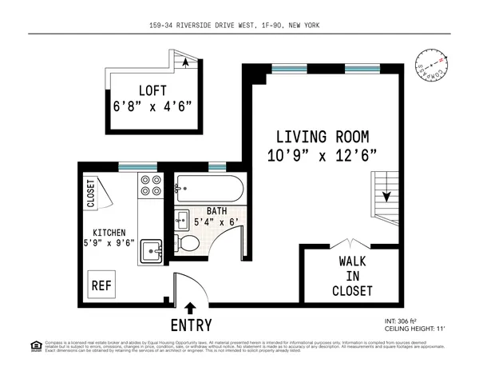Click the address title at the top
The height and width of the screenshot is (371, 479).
(239, 25)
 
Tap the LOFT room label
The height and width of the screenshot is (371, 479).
(152, 90)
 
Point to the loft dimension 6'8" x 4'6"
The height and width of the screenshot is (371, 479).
(152, 105)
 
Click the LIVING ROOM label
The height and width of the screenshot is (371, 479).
(321, 136)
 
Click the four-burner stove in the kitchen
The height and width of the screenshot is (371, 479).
(150, 186)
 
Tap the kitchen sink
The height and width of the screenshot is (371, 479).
(151, 251)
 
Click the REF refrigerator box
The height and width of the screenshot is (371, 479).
(101, 284)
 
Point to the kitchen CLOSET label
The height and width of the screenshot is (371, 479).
(91, 194)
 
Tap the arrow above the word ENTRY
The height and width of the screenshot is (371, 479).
(190, 308)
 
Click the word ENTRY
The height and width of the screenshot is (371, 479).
(191, 325)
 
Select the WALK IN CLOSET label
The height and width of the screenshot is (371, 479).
(352, 275)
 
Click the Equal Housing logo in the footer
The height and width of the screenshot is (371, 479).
(35, 345)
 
